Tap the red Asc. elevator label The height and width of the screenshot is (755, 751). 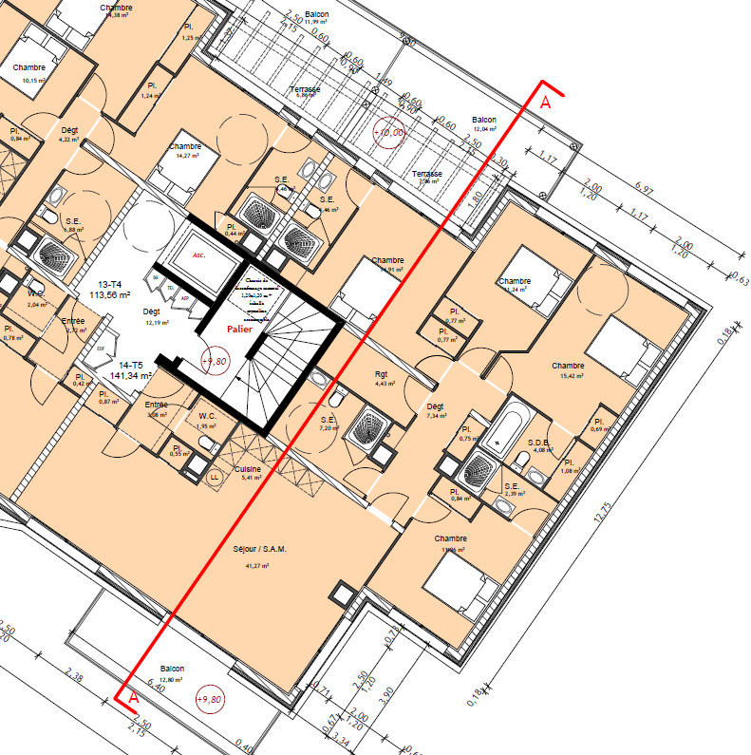[x=198, y=255]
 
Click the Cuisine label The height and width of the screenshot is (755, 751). [x=251, y=469]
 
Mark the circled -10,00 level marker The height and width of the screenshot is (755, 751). [x=389, y=134]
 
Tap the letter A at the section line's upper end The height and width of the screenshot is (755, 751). [x=545, y=103]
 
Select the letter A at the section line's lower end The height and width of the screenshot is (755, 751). [x=134, y=698]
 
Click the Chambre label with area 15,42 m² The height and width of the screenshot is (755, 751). [x=568, y=365]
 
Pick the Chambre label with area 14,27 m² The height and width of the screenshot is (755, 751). [x=185, y=146]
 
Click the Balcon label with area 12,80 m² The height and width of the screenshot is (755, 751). [x=172, y=669]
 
